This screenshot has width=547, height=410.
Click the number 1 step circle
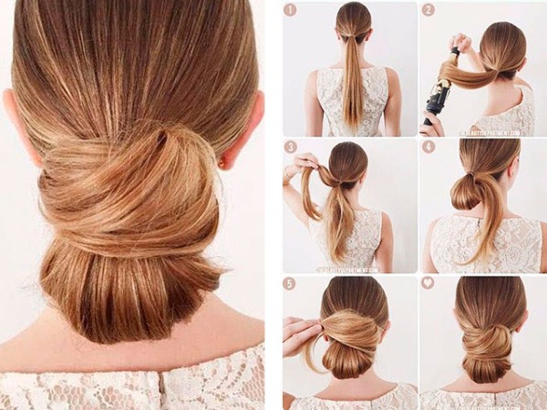click(x=291, y=10)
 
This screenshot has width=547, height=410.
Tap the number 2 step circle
click(x=428, y=10)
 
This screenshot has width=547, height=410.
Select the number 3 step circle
click(x=291, y=147)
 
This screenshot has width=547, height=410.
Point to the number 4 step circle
click(x=428, y=147)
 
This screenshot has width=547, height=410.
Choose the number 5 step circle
click(x=291, y=283)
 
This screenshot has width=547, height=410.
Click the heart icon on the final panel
click(x=428, y=283)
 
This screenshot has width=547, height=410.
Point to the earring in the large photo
click(x=222, y=165)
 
